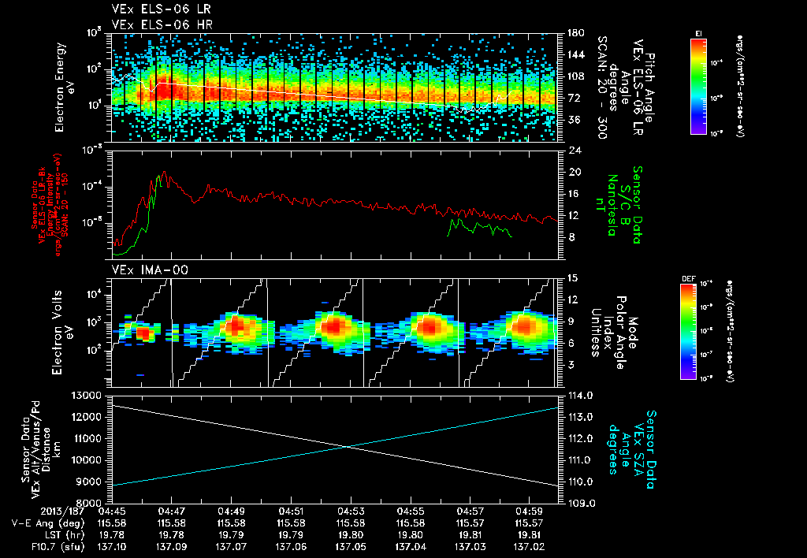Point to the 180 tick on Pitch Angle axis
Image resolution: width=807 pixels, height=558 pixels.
click(x=575, y=33)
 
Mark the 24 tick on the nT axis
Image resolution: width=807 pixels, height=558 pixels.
click(x=574, y=150)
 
